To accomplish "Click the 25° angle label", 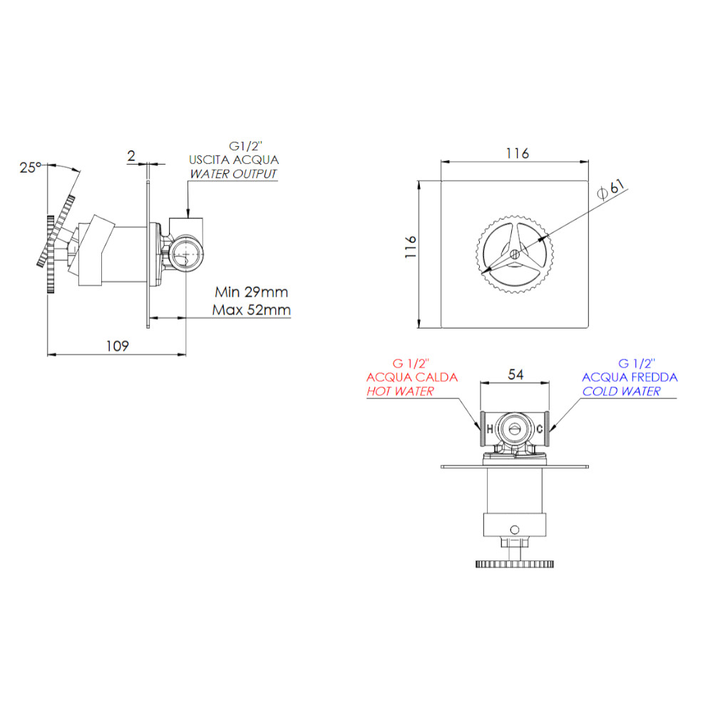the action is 30,168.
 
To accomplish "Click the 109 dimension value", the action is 118,346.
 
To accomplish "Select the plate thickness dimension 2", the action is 131,156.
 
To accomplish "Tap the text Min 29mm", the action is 252,292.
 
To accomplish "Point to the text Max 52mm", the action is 252,309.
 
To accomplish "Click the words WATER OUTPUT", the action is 233,174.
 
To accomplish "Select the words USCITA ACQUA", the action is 234,160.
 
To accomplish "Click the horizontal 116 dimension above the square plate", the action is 518,153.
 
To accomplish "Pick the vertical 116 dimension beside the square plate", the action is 411,247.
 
